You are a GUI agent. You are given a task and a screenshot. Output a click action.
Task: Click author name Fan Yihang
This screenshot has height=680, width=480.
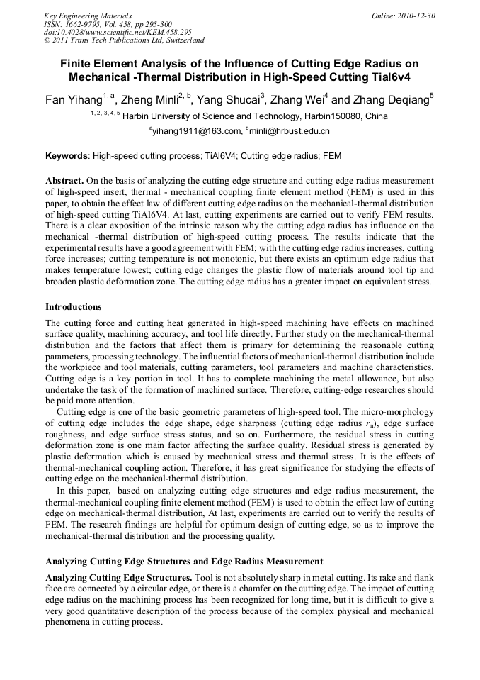click(x=72, y=100)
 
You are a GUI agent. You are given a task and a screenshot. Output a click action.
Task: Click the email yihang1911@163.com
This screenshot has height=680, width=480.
click(x=194, y=131)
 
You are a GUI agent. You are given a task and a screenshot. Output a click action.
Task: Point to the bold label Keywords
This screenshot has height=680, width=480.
click(x=67, y=155)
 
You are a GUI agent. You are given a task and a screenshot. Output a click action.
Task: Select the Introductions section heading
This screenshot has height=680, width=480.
click(x=73, y=307)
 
